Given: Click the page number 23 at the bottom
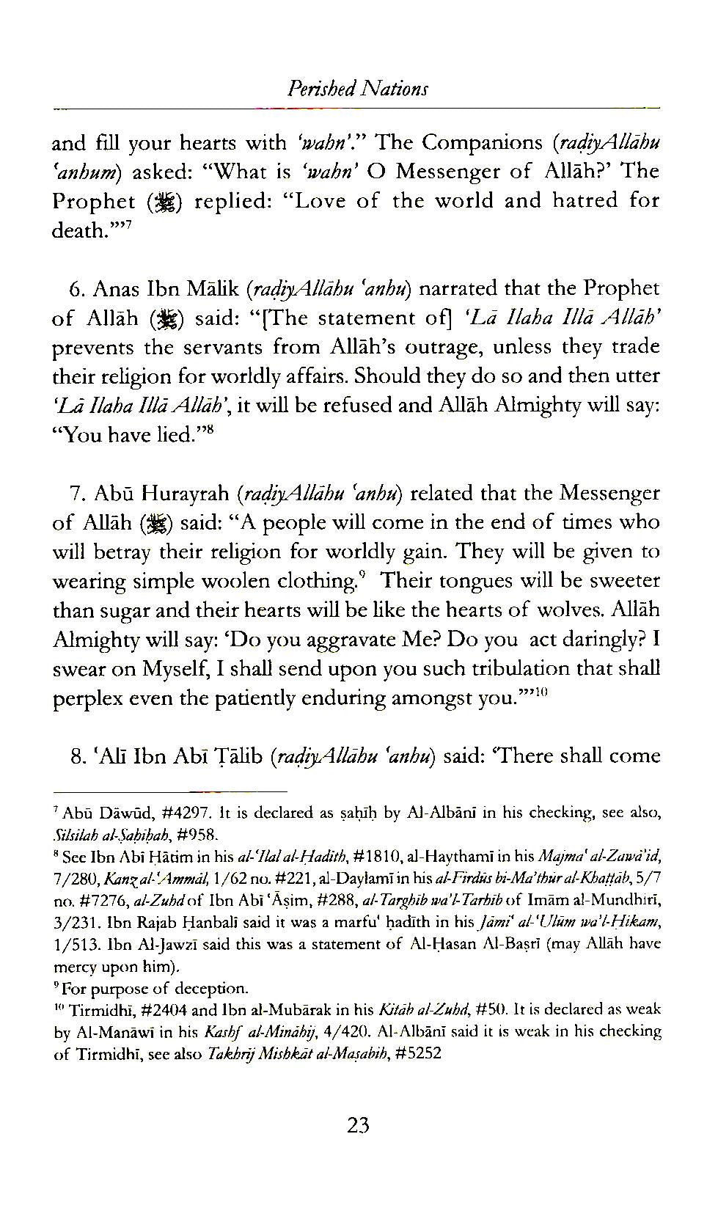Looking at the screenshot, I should pyautogui.click(x=358, y=1126).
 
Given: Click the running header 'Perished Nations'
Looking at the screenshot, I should pyautogui.click(x=358, y=89).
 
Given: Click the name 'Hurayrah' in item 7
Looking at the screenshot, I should pyautogui.click(x=180, y=494).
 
